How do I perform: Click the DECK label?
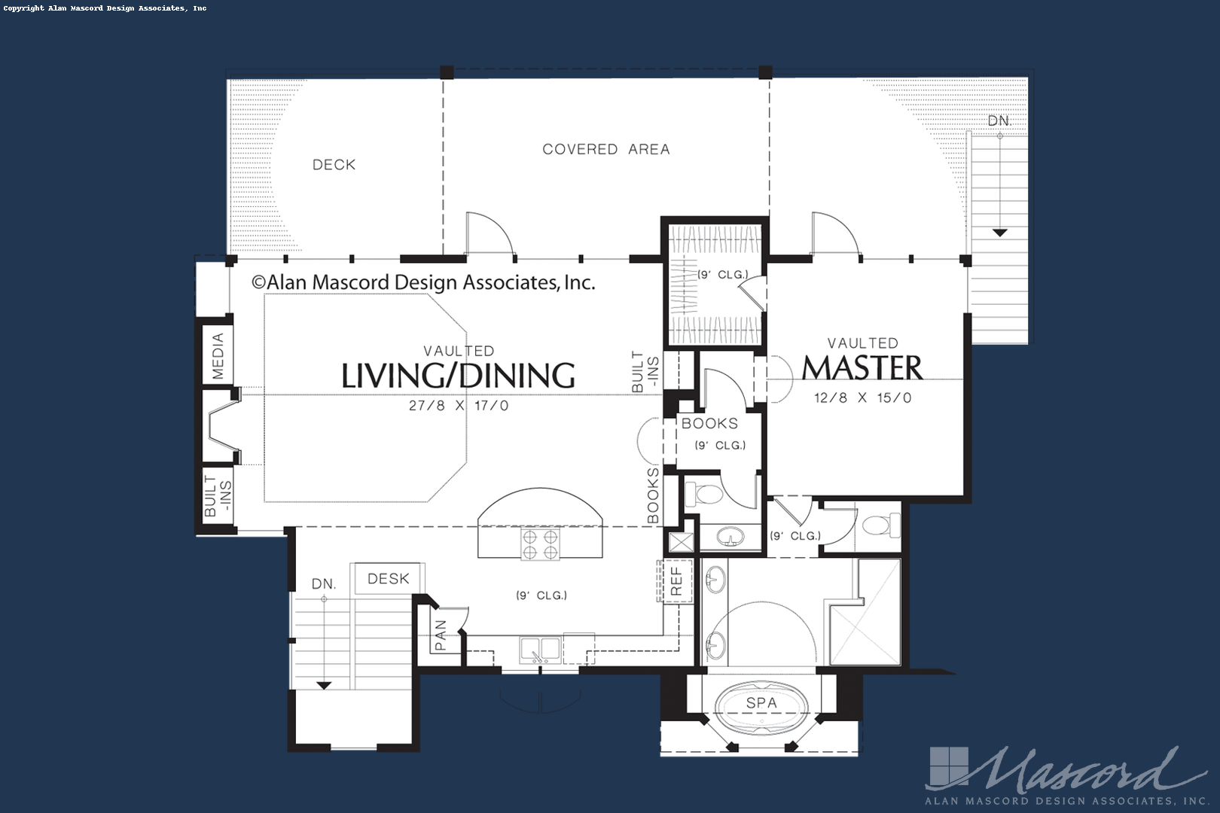click(334, 165)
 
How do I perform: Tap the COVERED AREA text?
click(605, 150)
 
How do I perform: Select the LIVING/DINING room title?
click(458, 376)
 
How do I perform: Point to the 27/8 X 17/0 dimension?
click(459, 406)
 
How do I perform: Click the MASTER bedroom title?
click(862, 368)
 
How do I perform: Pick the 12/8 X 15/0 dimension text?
click(862, 398)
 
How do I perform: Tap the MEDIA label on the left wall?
click(218, 356)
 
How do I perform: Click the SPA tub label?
click(761, 703)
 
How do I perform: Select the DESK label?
click(389, 579)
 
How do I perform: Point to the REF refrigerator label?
click(676, 581)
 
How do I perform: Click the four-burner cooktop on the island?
click(540, 544)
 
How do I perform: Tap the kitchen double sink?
click(539, 648)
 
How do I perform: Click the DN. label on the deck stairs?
click(999, 121)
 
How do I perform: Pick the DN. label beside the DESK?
click(324, 584)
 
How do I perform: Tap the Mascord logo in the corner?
click(1054, 775)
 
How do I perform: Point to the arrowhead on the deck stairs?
click(999, 233)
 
